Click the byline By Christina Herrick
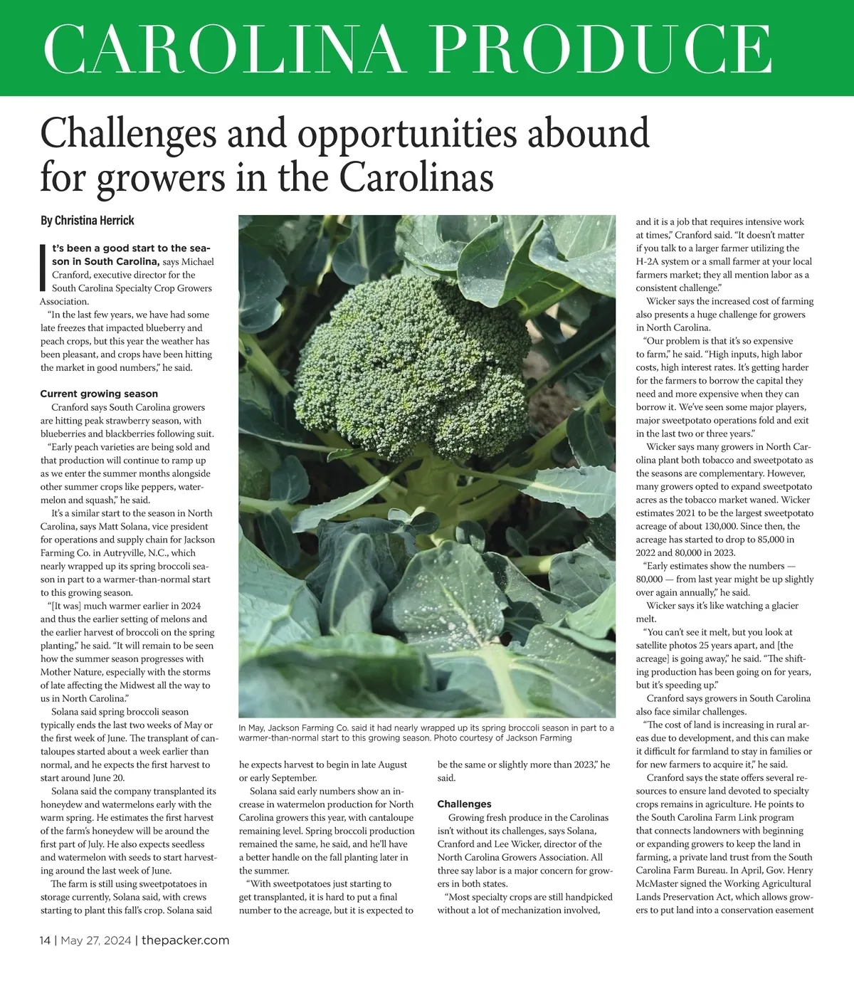point(87,221)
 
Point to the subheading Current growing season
point(99,394)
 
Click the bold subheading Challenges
point(464,804)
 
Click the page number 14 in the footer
point(45,940)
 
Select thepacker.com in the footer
point(185,940)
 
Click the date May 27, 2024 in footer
point(95,940)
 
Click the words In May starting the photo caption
point(252,727)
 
